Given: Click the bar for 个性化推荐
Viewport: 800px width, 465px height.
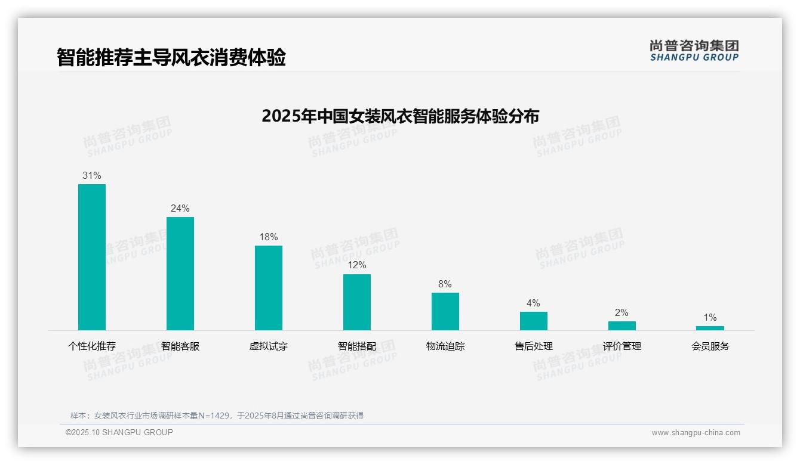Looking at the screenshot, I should tap(92, 257).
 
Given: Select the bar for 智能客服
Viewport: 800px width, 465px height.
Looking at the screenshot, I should tap(180, 273).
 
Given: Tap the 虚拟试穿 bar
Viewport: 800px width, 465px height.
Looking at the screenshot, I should tap(269, 288).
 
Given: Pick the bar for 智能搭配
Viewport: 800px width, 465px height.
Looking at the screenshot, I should tap(357, 302).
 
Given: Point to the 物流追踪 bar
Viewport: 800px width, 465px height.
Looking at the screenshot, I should tap(445, 311).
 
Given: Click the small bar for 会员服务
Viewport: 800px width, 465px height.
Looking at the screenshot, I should tap(710, 328).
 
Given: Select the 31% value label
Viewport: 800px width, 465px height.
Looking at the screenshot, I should tap(92, 176).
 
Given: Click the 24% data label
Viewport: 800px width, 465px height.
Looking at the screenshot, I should tap(180, 209).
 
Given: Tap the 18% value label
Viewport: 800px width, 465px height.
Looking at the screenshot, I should tap(269, 237).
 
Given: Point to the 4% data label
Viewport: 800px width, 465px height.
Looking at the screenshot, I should tap(533, 303).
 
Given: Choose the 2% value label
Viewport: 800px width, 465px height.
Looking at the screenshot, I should tap(621, 313).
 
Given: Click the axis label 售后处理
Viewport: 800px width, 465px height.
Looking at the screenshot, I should tap(534, 346).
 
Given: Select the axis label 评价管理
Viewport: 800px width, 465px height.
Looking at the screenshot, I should tap(622, 346).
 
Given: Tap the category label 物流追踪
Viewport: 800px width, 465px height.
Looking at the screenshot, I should tap(445, 346).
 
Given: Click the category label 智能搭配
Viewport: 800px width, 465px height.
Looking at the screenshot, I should tap(357, 346).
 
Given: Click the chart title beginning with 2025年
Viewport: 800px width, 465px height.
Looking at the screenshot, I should tap(400, 116).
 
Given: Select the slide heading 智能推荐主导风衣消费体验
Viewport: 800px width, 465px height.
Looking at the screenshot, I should tap(171, 57).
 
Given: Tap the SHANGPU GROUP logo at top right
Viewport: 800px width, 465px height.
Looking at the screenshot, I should tap(694, 51).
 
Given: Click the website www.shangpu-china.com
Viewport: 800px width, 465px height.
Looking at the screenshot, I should tap(696, 433).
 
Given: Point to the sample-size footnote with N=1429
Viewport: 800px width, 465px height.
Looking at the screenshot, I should tap(217, 416).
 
